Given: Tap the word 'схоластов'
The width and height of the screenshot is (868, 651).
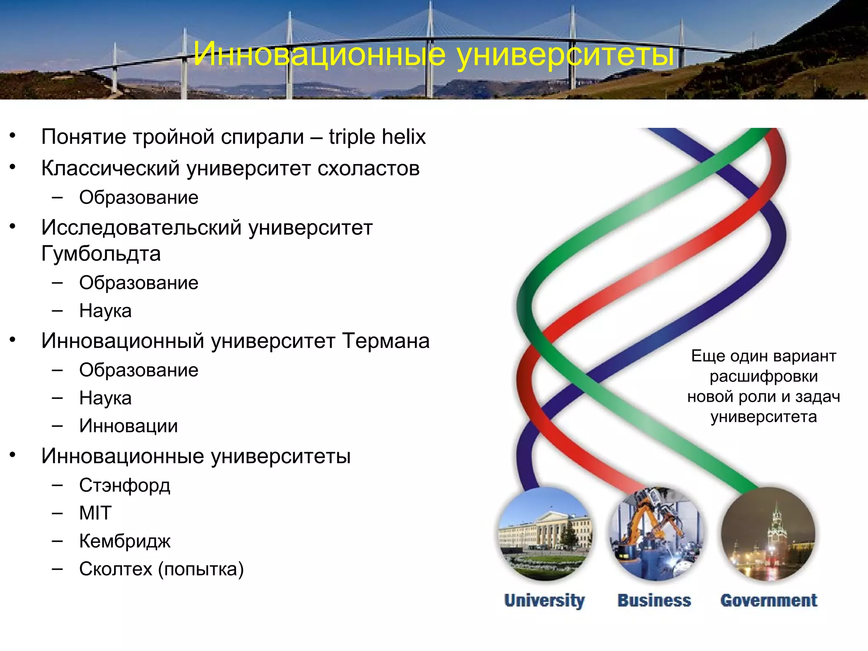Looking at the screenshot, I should pyautogui.click(x=368, y=168).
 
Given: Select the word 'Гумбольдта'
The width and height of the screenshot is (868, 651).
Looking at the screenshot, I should pyautogui.click(x=101, y=254).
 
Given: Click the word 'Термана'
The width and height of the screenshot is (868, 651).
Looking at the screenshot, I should pyautogui.click(x=386, y=341).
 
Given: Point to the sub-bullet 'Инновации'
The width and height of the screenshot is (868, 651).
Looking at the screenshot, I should pyautogui.click(x=128, y=426).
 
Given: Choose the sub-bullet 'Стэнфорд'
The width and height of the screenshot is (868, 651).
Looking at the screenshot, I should pyautogui.click(x=125, y=485).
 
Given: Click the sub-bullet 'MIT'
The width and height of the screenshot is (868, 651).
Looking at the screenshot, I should pyautogui.click(x=95, y=513).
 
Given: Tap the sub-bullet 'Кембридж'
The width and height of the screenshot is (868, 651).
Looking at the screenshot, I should pyautogui.click(x=125, y=541).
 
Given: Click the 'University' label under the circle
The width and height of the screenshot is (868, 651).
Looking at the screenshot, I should pyautogui.click(x=544, y=601).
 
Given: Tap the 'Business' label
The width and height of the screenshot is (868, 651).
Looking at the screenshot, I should pyautogui.click(x=654, y=601).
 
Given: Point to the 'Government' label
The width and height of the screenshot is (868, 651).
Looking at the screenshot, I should pyautogui.click(x=768, y=601).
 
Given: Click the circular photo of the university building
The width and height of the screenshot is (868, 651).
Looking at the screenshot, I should pyautogui.click(x=545, y=534).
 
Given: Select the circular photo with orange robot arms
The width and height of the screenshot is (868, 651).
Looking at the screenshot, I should pyautogui.click(x=656, y=534).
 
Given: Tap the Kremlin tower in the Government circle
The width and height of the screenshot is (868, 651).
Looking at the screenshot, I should pyautogui.click(x=776, y=530).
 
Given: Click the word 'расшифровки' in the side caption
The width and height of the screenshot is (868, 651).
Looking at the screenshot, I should pyautogui.click(x=763, y=376).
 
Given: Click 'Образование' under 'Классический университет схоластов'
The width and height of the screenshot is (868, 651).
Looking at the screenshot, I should pyautogui.click(x=139, y=198).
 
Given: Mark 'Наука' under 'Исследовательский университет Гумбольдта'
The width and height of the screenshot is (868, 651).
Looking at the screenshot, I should pyautogui.click(x=105, y=311).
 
